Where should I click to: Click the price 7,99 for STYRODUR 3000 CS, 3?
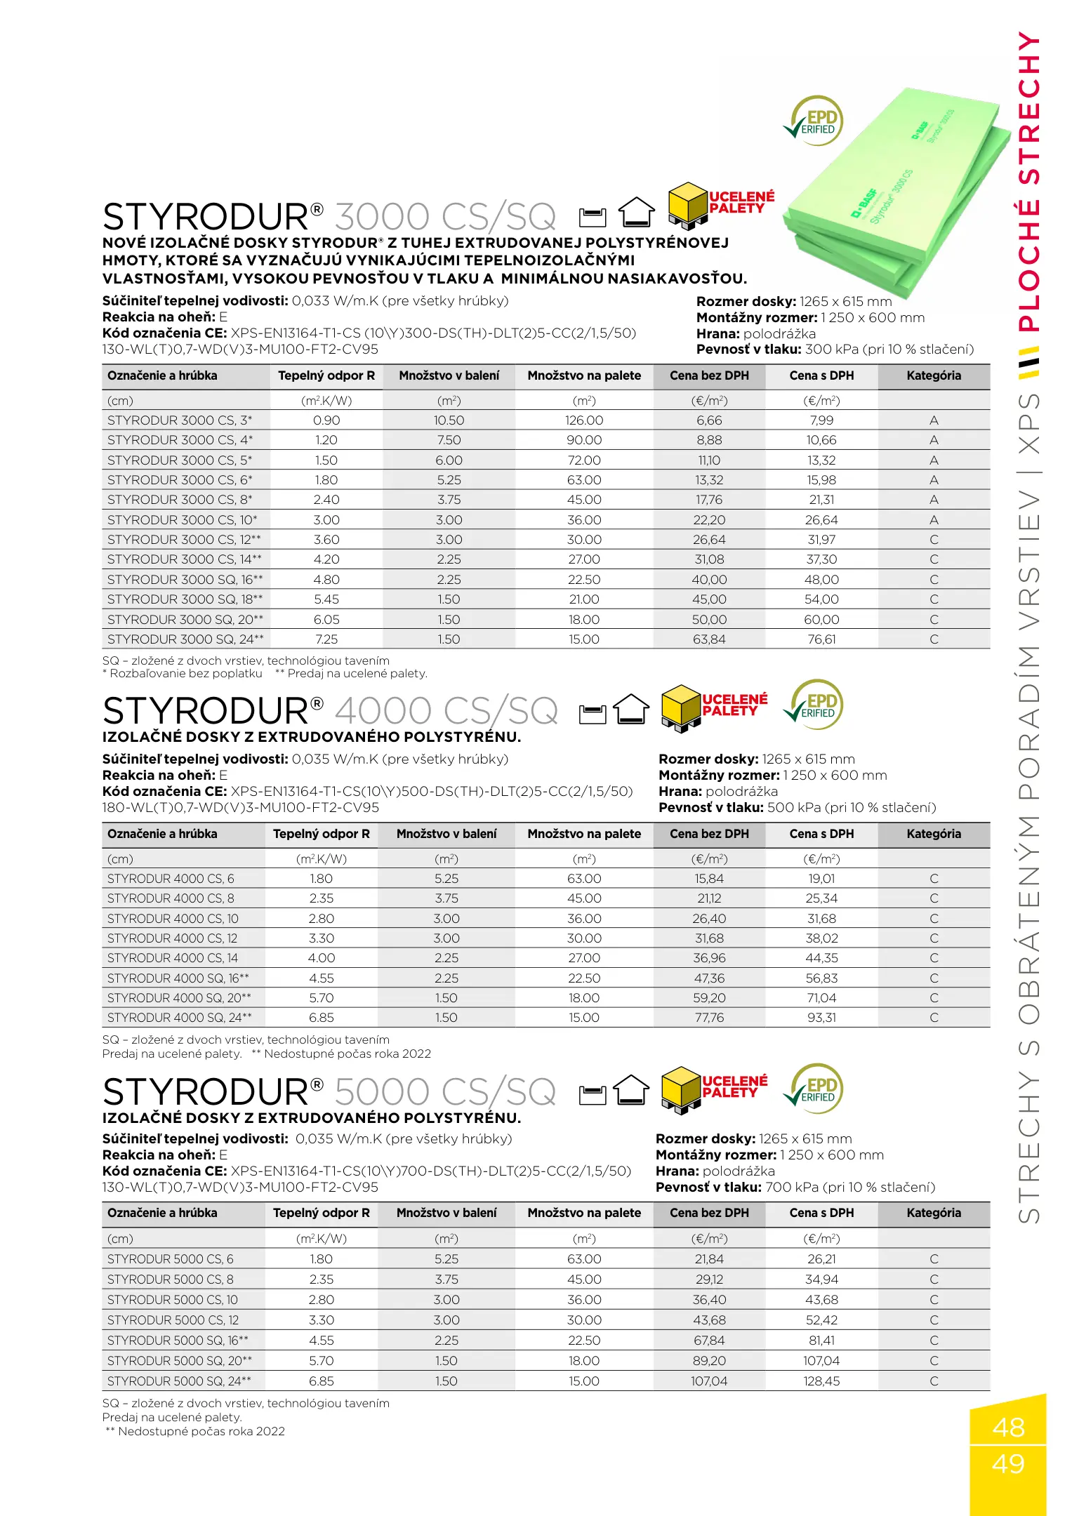coord(821,420)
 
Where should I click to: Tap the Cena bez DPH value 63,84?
coord(709,639)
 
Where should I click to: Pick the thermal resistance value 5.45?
coord(326,599)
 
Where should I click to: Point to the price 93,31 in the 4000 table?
coord(821,1018)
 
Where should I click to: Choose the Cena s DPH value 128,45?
coord(821,1381)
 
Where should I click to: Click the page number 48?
coord(1008,1428)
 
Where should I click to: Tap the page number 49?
coord(1008,1464)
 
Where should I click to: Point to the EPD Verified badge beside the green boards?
coord(814,121)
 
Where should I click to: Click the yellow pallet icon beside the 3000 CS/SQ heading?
coord(687,206)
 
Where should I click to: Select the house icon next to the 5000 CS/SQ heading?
coord(632,1090)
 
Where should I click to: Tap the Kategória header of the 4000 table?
coord(934,834)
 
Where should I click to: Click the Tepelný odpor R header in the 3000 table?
coord(326,375)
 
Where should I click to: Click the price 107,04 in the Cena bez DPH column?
coord(709,1381)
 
